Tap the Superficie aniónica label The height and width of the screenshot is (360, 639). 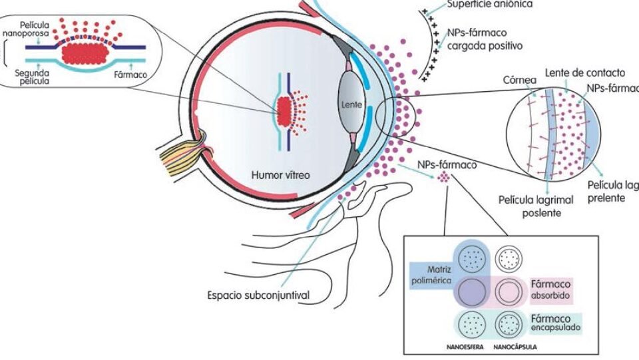pyautogui.click(x=491, y=4)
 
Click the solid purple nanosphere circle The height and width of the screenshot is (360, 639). pyautogui.click(x=471, y=290)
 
